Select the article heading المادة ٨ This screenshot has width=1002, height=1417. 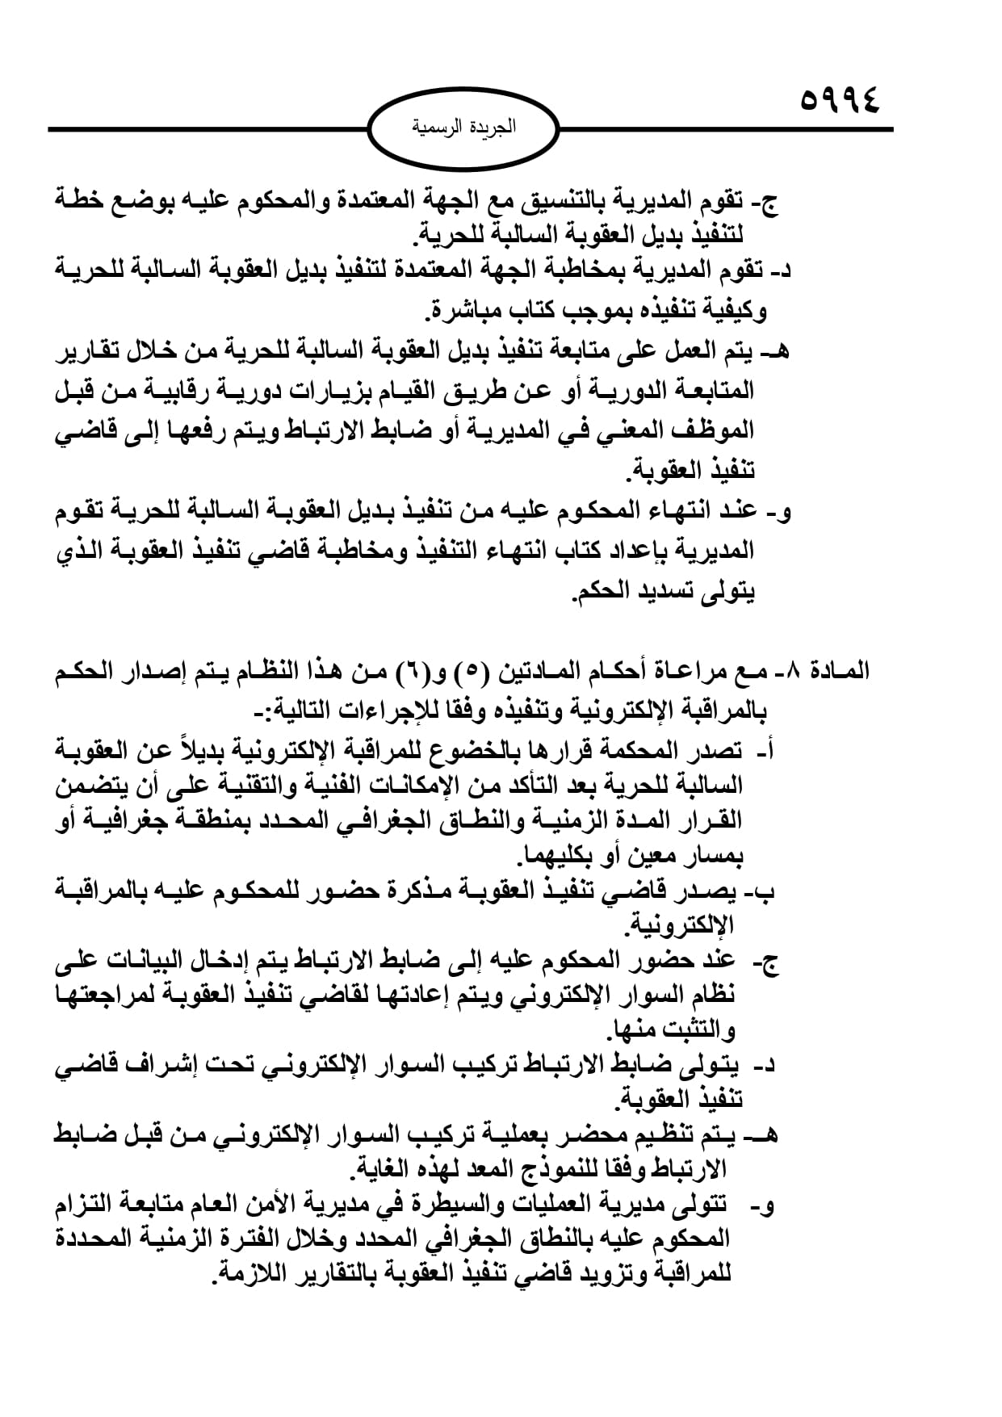click(x=837, y=670)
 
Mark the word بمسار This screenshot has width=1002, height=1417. click(x=711, y=855)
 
